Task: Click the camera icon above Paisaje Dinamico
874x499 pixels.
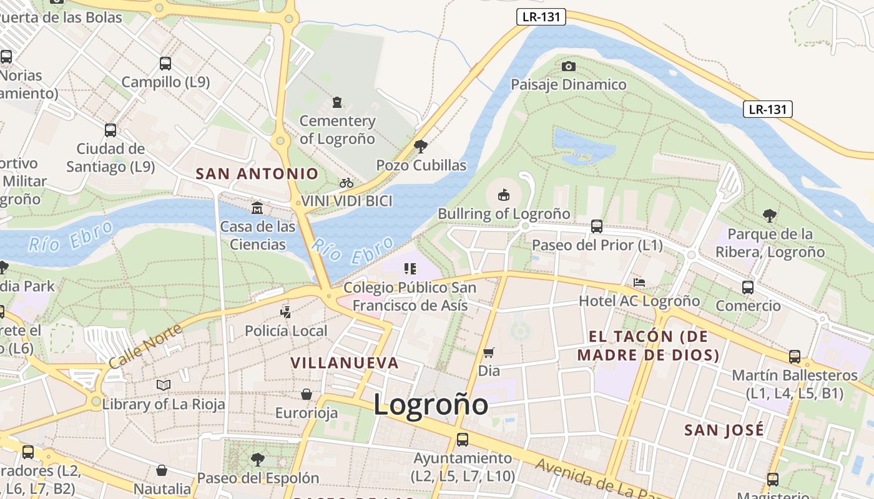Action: [x=568, y=66]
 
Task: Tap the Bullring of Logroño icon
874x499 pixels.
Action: [x=504, y=195]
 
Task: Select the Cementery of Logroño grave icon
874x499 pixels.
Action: [x=337, y=102]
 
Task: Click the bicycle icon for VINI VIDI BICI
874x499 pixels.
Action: [x=346, y=183]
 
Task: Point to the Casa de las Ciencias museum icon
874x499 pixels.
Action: [x=257, y=207]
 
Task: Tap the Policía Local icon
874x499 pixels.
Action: [x=285, y=312]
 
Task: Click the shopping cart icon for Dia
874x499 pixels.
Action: [x=489, y=352]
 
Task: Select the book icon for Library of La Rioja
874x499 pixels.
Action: [x=164, y=385]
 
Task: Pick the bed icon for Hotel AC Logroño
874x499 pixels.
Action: [x=639, y=283]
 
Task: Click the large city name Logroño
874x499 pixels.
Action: [x=431, y=404]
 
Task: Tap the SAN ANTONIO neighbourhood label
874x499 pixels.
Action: [x=257, y=174]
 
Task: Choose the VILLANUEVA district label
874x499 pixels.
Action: [x=345, y=362]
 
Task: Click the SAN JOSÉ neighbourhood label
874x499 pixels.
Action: [x=724, y=430]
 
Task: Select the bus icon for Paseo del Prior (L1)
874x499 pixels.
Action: [x=597, y=226]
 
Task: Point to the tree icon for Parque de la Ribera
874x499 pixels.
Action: [x=770, y=216]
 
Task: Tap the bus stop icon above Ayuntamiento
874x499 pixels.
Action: [x=463, y=440]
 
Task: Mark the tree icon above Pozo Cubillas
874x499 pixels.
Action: [x=421, y=147]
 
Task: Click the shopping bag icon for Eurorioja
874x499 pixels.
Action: [x=307, y=394]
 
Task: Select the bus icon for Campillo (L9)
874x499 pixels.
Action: [x=165, y=63]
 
